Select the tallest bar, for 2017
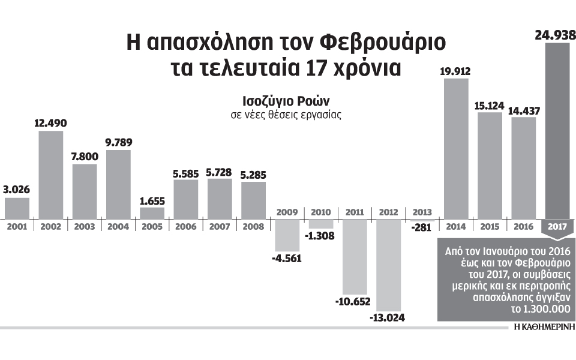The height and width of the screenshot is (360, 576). [557, 131]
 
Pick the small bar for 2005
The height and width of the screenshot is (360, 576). [152, 212]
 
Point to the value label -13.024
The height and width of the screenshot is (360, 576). [387, 317]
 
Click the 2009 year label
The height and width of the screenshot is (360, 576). [287, 212]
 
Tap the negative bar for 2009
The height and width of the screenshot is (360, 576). [287, 235]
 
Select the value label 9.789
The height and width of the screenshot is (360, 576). [118, 143]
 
